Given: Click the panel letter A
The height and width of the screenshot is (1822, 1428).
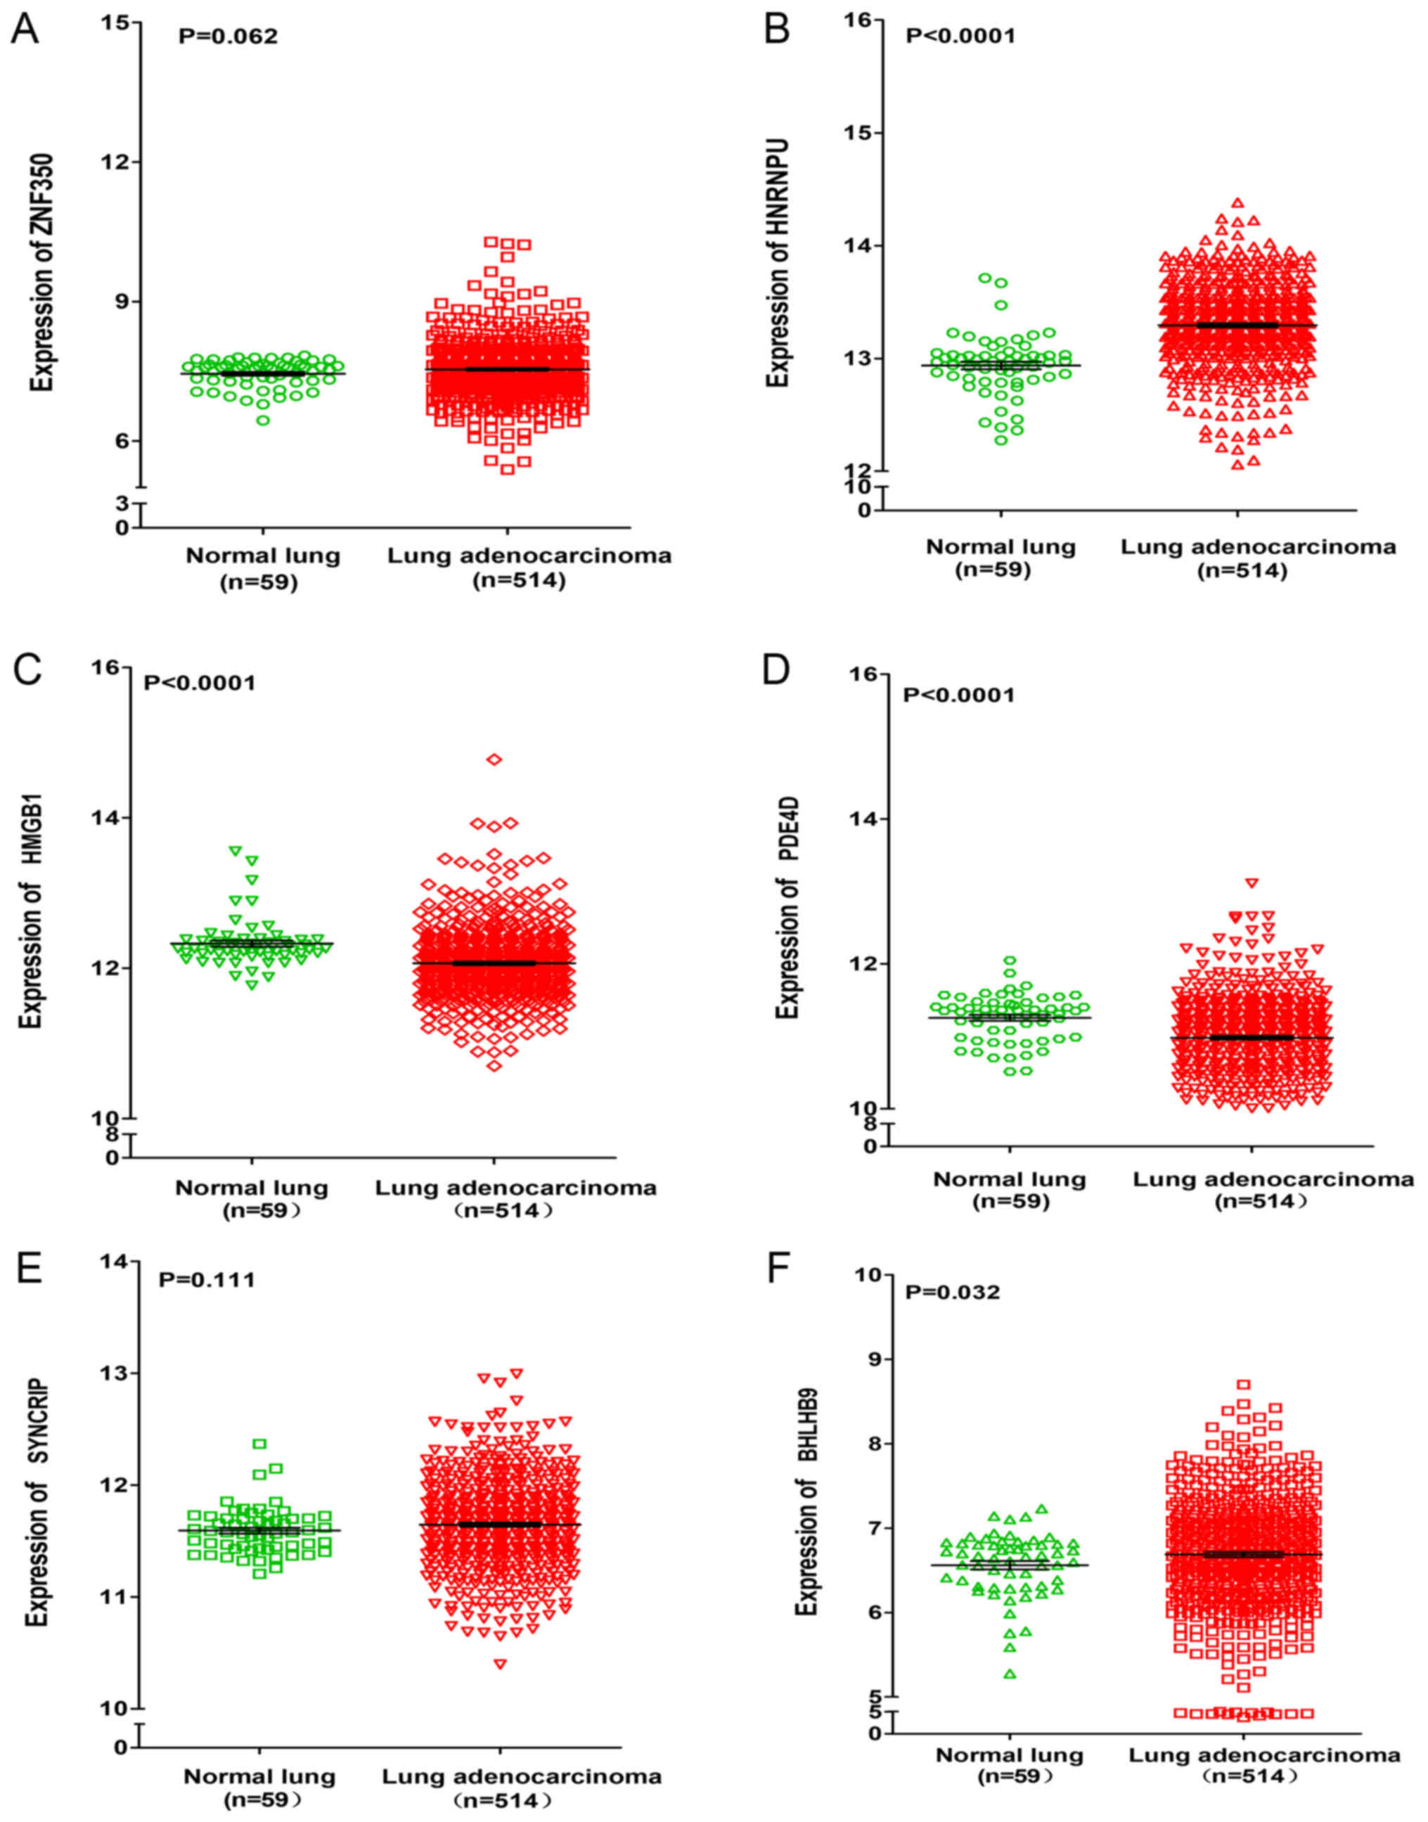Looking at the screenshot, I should tap(25, 31).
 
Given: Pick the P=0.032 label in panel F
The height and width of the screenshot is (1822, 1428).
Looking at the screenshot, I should tap(953, 1292).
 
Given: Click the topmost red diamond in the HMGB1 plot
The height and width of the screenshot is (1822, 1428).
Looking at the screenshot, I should tap(494, 759).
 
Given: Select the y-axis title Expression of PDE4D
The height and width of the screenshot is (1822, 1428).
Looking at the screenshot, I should tap(787, 908).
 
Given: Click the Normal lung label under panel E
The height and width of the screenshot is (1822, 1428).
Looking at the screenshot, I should tap(260, 1776).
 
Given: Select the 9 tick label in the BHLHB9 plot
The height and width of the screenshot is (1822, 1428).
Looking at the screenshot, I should tap(875, 1359).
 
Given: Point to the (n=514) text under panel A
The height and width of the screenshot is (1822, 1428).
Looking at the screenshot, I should tap(518, 580).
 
